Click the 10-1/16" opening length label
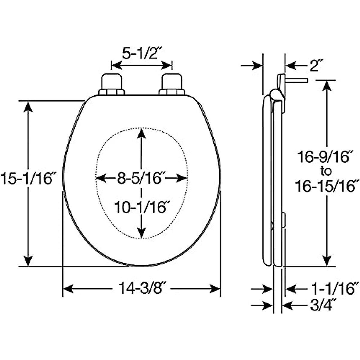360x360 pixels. pos(140,207)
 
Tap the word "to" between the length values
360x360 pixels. pos(326,171)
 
